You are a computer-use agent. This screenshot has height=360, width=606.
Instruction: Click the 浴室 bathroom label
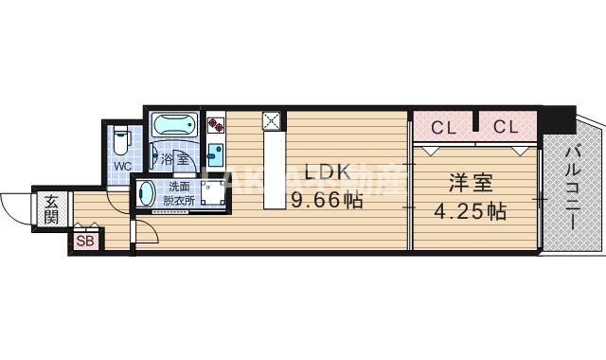click(174, 159)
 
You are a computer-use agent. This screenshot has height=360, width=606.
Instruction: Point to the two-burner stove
click(215, 124)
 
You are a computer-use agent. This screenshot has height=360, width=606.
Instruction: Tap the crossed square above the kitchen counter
click(272, 120)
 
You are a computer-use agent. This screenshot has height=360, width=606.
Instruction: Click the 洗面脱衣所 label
click(178, 194)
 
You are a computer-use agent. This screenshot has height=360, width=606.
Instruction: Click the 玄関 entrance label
click(50, 209)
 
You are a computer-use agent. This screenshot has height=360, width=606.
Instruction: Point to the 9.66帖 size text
click(326, 200)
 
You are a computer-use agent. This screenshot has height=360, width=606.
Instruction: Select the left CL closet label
click(441, 126)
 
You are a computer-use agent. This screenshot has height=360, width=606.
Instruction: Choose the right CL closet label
click(505, 126)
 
